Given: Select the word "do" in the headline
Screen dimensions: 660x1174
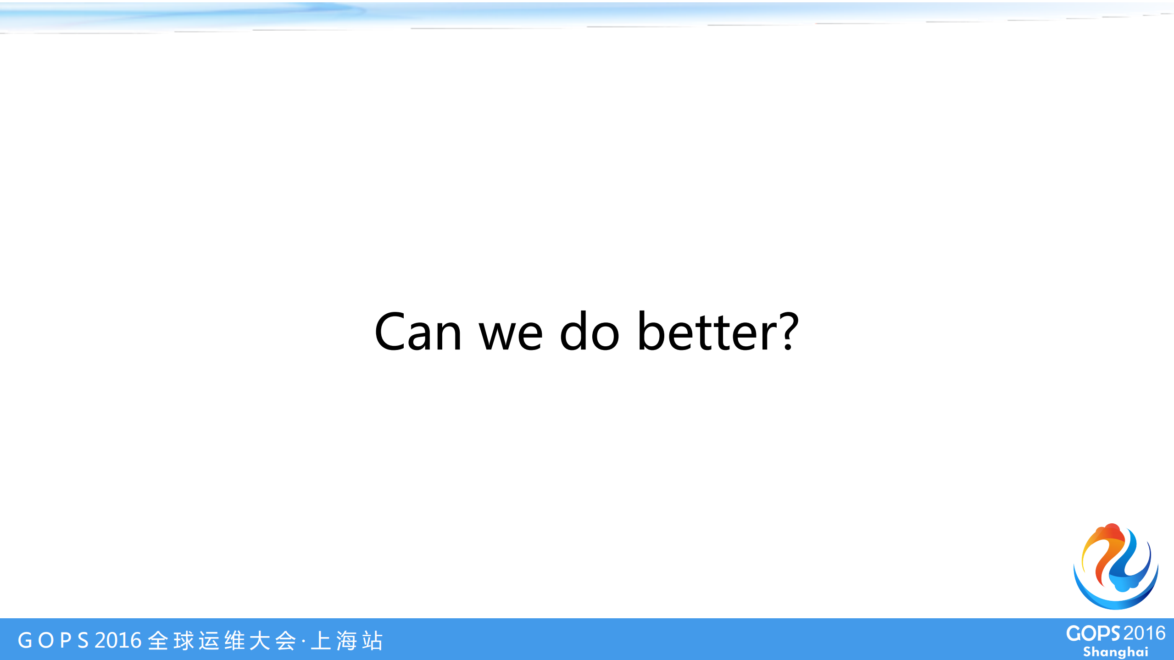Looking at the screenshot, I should tap(590, 331).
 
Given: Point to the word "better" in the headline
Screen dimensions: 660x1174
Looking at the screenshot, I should tap(707, 331).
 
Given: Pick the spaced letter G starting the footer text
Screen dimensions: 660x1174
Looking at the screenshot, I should tap(25, 640).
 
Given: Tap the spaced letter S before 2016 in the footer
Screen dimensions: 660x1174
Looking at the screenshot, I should tap(83, 640).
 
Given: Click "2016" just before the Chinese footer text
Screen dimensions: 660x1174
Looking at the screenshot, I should tap(118, 640).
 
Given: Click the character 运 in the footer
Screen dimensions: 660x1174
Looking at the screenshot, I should tap(210, 641).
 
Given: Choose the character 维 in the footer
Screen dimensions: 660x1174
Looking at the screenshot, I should tap(235, 641).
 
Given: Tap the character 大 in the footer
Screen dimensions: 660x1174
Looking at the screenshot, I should tap(260, 641).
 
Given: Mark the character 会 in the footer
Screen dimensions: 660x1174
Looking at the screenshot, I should tap(285, 641).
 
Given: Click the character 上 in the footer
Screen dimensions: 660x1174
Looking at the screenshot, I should tap(321, 641).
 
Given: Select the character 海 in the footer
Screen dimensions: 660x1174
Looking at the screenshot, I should tap(347, 641).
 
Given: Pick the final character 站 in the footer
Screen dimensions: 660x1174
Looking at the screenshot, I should tap(372, 641).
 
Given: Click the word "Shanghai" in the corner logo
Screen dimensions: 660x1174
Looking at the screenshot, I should tap(1115, 652).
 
